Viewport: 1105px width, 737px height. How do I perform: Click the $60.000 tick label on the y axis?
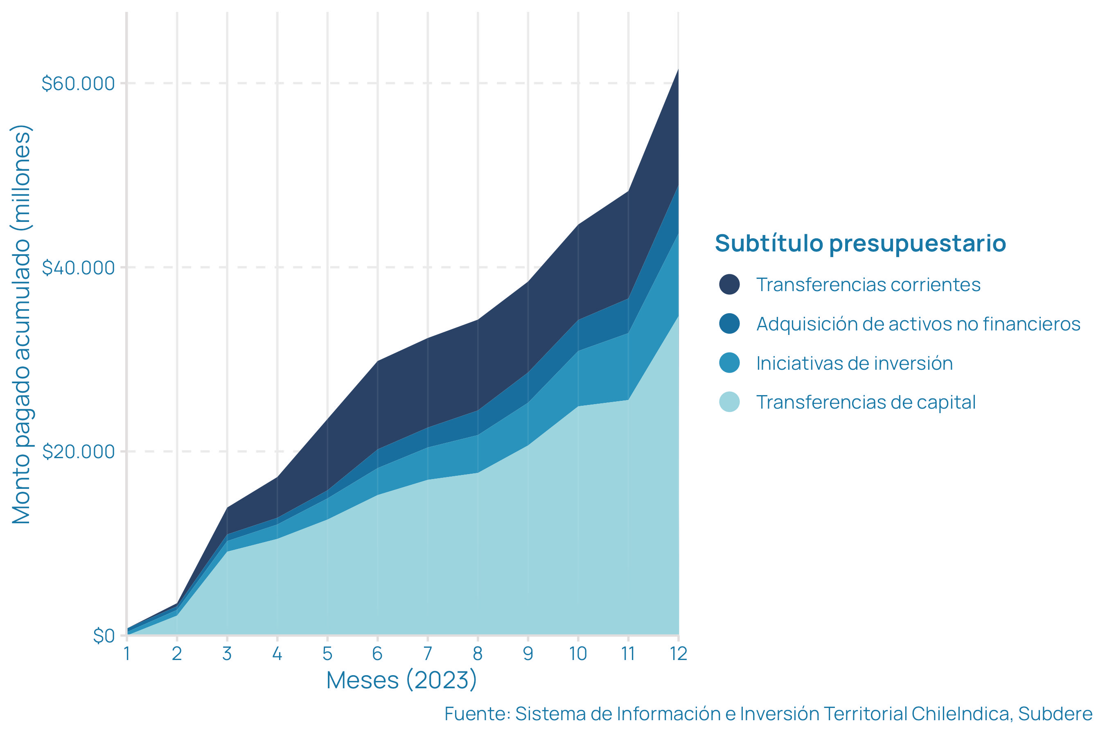[x=78, y=84]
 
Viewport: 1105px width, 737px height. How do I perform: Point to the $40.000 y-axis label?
[x=78, y=268]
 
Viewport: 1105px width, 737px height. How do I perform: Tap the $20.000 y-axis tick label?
[x=78, y=452]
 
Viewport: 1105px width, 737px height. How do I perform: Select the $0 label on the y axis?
[x=104, y=636]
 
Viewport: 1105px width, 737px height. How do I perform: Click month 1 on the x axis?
[x=127, y=654]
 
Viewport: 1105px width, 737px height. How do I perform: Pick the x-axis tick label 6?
[x=377, y=654]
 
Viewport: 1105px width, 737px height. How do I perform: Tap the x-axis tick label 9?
[x=528, y=654]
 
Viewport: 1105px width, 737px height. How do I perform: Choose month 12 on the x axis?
[x=678, y=654]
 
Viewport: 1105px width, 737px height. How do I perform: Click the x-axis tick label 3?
[x=227, y=654]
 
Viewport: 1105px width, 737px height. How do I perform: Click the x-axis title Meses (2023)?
[x=402, y=680]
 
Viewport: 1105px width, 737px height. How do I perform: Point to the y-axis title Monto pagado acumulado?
[x=22, y=324]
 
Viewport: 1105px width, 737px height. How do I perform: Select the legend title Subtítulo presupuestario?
[x=860, y=244]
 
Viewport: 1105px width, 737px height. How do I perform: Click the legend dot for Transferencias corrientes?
[x=729, y=285]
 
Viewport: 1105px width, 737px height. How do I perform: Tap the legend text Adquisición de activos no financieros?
[x=918, y=324]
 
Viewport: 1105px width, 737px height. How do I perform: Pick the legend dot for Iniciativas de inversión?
[x=729, y=363]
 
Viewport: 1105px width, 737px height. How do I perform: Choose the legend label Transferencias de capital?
[x=866, y=402]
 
